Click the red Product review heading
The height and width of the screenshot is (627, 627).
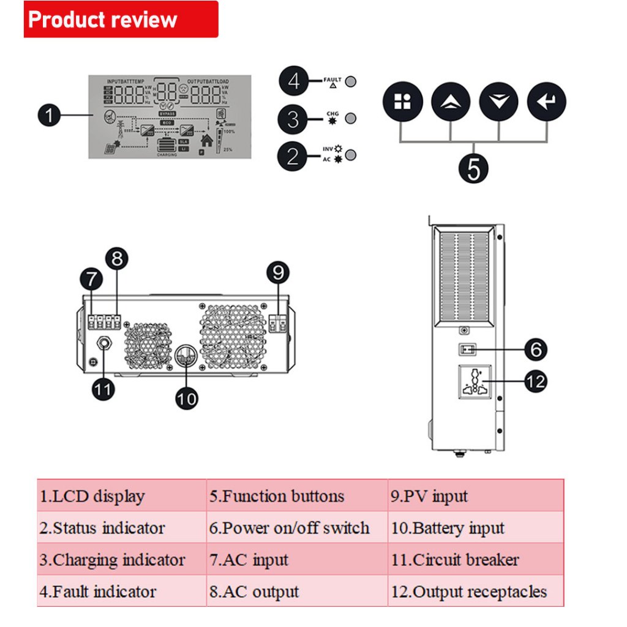point(121,19)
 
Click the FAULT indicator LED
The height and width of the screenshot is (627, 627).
point(351,81)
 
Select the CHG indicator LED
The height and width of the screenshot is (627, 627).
point(351,118)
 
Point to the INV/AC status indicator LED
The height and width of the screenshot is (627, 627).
point(351,155)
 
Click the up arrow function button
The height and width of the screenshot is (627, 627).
point(451,102)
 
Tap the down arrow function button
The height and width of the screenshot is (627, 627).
point(498,102)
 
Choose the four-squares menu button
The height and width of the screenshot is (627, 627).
point(402,102)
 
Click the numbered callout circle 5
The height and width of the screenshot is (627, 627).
point(473,166)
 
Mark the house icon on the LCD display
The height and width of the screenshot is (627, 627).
point(207,140)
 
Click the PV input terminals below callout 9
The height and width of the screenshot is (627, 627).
point(277,324)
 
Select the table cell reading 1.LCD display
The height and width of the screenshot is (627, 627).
point(121,496)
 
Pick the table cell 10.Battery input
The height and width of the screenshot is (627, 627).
point(475,528)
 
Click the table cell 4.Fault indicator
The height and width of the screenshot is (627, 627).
point(121,591)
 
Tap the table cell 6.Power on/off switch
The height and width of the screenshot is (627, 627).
point(297,528)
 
